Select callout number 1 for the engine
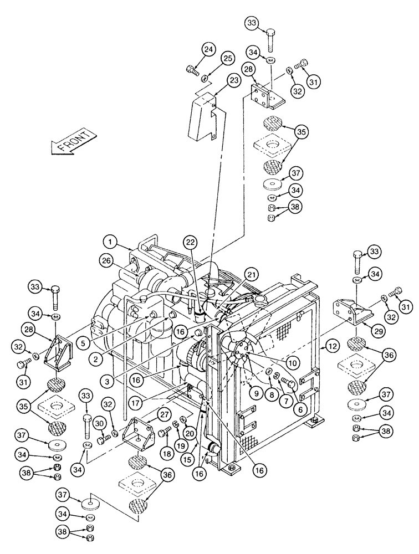click(111, 241)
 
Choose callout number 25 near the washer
click(213, 58)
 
